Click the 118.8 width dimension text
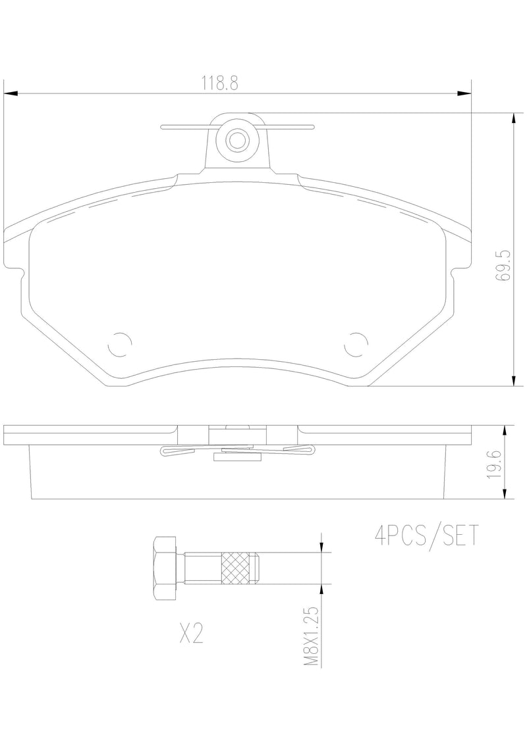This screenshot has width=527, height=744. click(x=219, y=84)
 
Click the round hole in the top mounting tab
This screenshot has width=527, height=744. click(x=236, y=139)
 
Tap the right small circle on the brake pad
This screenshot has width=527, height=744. click(x=356, y=343)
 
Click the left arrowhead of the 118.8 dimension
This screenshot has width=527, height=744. click(x=9, y=93)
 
